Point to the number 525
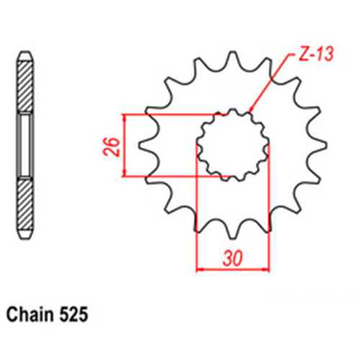[74, 315]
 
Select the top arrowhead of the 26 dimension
[125, 117]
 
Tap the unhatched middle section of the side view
[24, 146]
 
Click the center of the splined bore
[233, 144]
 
